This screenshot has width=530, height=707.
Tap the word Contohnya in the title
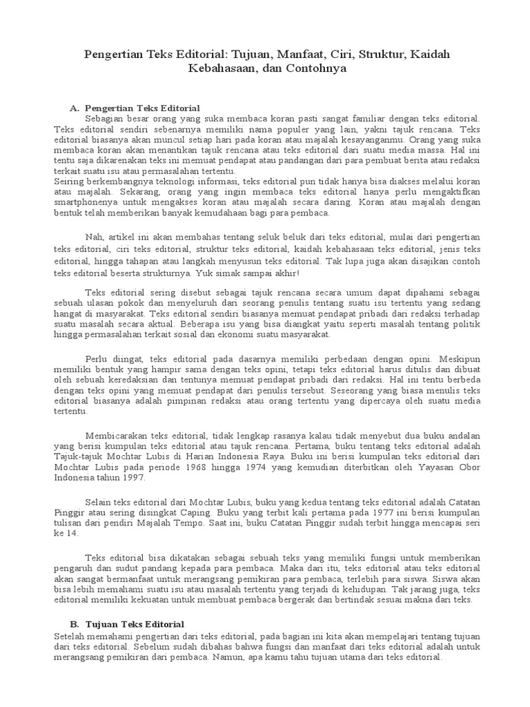coord(310,69)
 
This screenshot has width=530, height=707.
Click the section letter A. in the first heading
coord(75,108)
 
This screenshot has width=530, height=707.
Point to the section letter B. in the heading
coord(75,624)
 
